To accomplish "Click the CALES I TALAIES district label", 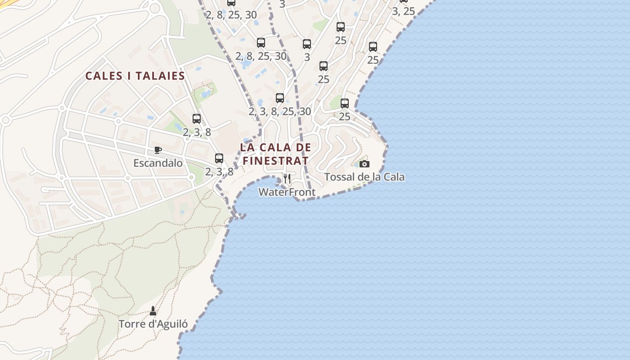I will [135, 76].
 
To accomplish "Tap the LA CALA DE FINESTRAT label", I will [275, 154].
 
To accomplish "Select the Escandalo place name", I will [158, 163].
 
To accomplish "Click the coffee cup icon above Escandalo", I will [157, 150].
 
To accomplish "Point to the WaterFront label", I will [287, 192].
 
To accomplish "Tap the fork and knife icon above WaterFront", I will [287, 179].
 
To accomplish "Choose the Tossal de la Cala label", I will [364, 177].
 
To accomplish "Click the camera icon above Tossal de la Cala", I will [364, 164].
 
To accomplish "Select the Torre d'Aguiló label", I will [153, 324].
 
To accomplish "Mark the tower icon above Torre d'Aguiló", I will [153, 310].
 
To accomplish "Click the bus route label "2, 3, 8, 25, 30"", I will [279, 111].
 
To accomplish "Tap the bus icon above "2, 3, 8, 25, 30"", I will [280, 98].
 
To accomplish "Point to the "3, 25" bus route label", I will [403, 11].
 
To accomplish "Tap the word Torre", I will [131, 324].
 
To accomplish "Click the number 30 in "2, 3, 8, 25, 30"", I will [305, 111].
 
